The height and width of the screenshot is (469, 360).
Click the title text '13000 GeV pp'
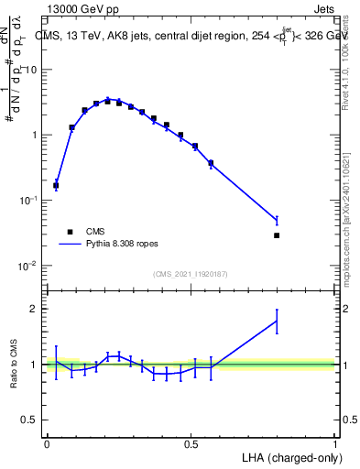click(77, 8)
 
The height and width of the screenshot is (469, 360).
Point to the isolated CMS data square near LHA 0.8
click(277, 235)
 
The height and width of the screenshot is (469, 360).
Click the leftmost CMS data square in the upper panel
click(56, 185)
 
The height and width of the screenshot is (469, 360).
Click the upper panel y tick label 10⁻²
click(27, 266)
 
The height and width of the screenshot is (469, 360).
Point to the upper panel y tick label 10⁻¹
click(27, 201)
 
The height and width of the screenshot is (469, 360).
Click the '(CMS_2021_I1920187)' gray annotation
click(191, 272)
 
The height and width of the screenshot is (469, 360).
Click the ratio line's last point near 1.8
click(277, 321)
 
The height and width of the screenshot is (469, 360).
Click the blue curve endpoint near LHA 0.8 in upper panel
click(277, 220)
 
